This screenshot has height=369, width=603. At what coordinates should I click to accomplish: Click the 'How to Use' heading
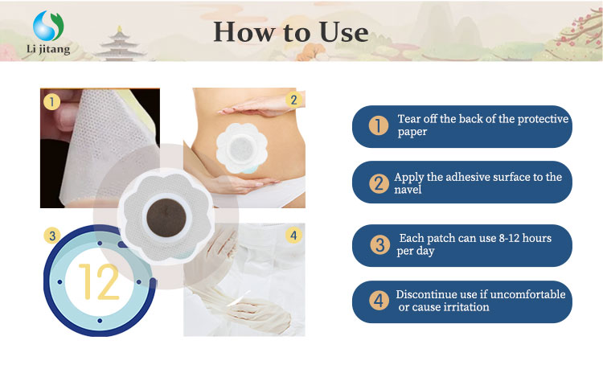(290, 31)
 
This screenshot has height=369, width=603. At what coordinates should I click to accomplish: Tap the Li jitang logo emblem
(49, 26)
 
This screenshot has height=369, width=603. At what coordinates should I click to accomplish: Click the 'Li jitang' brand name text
(48, 50)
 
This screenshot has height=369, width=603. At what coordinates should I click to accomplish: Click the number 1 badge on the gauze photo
(52, 102)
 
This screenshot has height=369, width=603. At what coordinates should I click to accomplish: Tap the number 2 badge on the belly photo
(293, 100)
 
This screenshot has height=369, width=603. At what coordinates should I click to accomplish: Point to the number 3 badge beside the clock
(52, 236)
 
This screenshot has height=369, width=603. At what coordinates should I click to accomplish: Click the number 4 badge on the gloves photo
(293, 236)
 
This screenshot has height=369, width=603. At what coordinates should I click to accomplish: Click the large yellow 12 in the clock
(99, 282)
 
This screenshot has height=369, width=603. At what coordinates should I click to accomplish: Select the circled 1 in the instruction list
(378, 126)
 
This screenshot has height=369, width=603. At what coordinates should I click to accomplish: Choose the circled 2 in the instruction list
(379, 182)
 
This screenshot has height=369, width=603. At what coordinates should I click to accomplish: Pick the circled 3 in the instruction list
(379, 244)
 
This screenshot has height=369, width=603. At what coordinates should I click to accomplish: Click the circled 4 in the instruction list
(379, 301)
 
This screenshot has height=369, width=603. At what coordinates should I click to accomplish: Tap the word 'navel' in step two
(407, 190)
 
